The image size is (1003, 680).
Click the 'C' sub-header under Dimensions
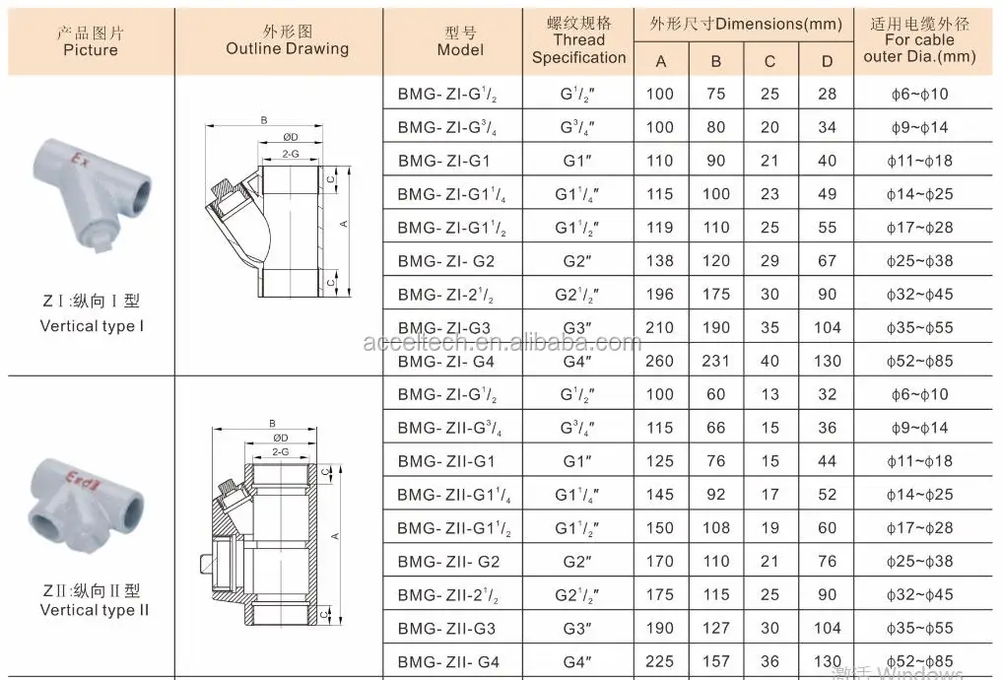pos(770,61)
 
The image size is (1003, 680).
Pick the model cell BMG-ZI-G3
pos(444,327)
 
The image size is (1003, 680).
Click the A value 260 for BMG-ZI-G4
pos(659,361)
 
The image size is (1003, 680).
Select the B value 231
pos(715,361)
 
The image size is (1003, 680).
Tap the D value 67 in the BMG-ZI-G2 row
pos(827,261)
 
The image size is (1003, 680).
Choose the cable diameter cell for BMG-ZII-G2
pos(920,561)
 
